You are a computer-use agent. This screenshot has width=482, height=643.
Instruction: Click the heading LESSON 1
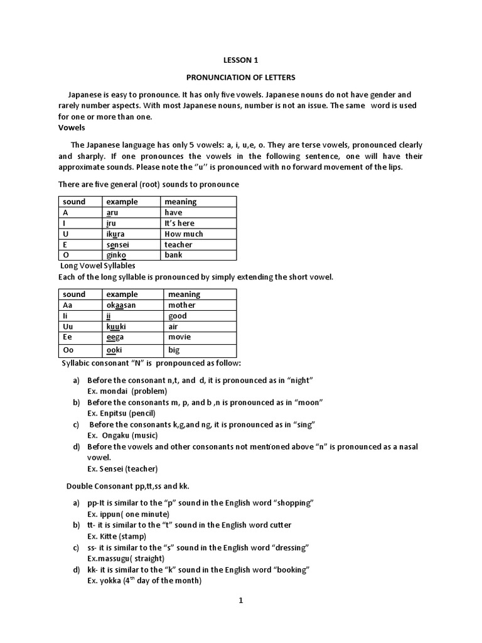[x=240, y=60]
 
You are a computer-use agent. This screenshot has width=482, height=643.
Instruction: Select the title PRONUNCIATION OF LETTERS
[x=240, y=77]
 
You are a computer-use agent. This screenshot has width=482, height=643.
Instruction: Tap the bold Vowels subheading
[x=71, y=127]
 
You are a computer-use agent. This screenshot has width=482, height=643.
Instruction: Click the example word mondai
[x=114, y=391]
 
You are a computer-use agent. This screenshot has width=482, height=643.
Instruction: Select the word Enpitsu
[x=115, y=413]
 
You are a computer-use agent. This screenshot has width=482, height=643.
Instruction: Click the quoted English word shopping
[x=291, y=503]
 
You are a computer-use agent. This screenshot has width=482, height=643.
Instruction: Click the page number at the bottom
[x=240, y=600]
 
